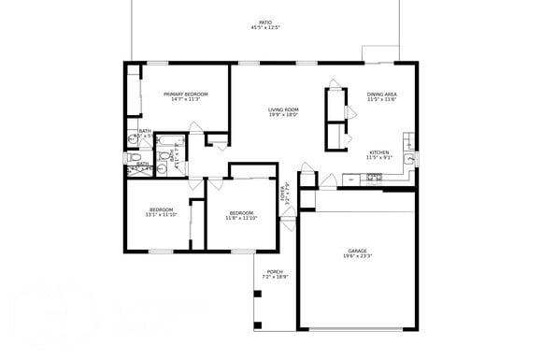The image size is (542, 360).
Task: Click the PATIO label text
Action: click(x=265, y=22)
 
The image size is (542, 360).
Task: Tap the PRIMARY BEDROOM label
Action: click(x=185, y=94)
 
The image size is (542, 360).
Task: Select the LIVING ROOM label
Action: click(x=282, y=109)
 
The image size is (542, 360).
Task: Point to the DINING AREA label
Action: click(x=382, y=94)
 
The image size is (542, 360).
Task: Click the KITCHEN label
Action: click(x=378, y=152)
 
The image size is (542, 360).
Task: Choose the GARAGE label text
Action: click(x=357, y=251)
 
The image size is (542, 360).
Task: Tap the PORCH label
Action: click(x=275, y=272)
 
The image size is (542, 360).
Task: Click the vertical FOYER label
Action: click(x=284, y=194)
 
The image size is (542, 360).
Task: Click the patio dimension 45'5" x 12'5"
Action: click(x=265, y=28)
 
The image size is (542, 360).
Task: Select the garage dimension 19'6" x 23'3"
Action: click(x=358, y=256)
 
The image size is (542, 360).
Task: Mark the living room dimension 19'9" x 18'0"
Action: click(x=282, y=116)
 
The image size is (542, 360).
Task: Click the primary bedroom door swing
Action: click(x=218, y=140)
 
